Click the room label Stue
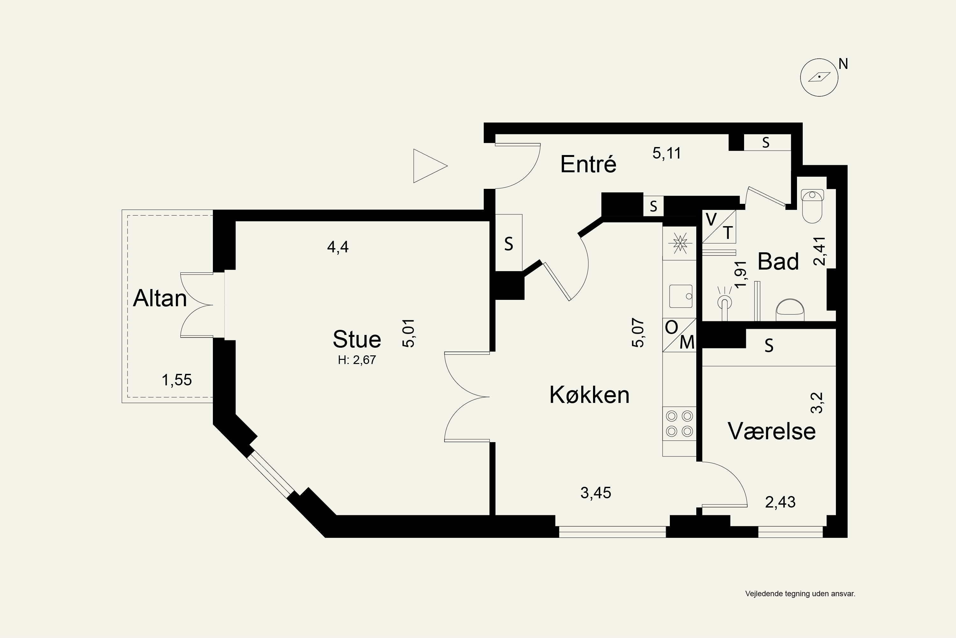pyautogui.click(x=357, y=339)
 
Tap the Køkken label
pyautogui.click(x=589, y=395)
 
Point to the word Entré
pyautogui.click(x=588, y=164)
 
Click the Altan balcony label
pyautogui.click(x=160, y=298)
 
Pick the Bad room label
pyautogui.click(x=778, y=261)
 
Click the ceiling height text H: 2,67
pyautogui.click(x=357, y=360)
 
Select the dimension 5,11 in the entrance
pyautogui.click(x=667, y=153)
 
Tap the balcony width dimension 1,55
pyautogui.click(x=177, y=380)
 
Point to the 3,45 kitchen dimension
pyautogui.click(x=596, y=493)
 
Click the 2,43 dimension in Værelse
pyautogui.click(x=780, y=502)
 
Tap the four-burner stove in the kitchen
pyautogui.click(x=679, y=424)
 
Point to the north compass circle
pyautogui.click(x=819, y=77)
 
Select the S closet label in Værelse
pyautogui.click(x=769, y=345)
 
